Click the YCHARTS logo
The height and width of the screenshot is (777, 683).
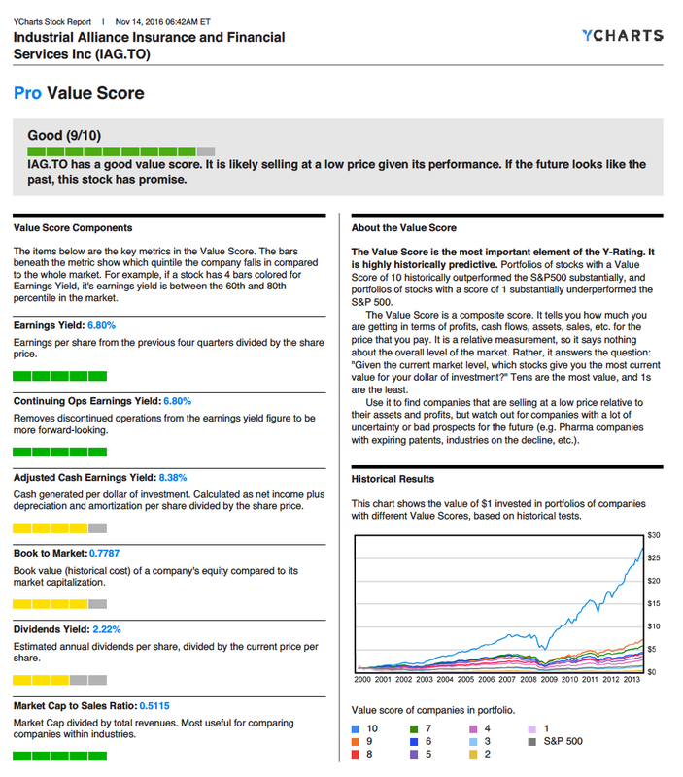point(623,36)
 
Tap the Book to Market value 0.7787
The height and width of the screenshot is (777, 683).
point(111,553)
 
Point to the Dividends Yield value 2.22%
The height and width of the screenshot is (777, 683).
point(104,629)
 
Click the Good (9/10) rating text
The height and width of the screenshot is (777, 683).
point(63,137)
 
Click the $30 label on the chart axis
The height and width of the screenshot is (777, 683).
point(653,535)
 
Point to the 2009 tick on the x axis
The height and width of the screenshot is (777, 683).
point(549,680)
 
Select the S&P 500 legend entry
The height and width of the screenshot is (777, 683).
point(561,742)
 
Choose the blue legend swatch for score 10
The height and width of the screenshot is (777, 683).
point(356,728)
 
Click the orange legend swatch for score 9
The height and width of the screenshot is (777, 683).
point(356,741)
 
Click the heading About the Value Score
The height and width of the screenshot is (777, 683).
point(403,228)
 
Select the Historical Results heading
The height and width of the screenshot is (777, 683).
point(393,479)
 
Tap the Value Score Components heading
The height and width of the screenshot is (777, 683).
point(73,228)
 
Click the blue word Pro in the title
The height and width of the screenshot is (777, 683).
point(28,93)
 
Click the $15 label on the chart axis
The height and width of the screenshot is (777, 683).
point(653,604)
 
